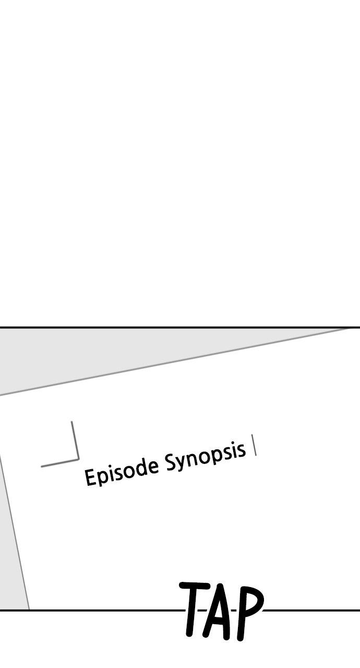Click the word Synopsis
point(206,458)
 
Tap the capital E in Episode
point(90,477)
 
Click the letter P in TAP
point(249,614)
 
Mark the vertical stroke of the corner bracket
point(75,440)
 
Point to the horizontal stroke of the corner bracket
point(59,463)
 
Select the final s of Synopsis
point(241,449)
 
